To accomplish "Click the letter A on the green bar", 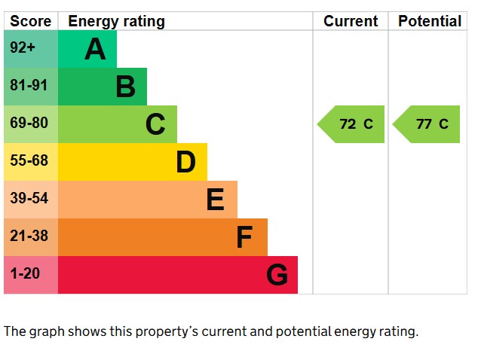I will click(95, 49).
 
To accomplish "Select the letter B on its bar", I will click(125, 87).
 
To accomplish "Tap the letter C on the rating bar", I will click(155, 124).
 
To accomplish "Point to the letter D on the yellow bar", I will click(185, 162).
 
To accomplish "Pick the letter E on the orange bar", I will click(215, 200).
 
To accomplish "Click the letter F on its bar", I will click(244, 237).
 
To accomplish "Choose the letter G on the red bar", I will click(277, 275).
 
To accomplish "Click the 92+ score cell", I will click(23, 48).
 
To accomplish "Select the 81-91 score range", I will click(29, 86).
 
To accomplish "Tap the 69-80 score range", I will click(29, 124).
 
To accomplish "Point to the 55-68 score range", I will click(29, 161).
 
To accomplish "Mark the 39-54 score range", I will click(29, 199).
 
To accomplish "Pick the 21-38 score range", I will click(29, 236).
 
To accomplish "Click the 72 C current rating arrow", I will click(352, 124).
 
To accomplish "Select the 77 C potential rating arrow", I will click(427, 124).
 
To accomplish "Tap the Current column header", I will click(351, 21).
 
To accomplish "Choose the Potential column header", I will click(430, 21).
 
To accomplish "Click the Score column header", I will click(30, 21).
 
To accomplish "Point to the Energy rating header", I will click(116, 21).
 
